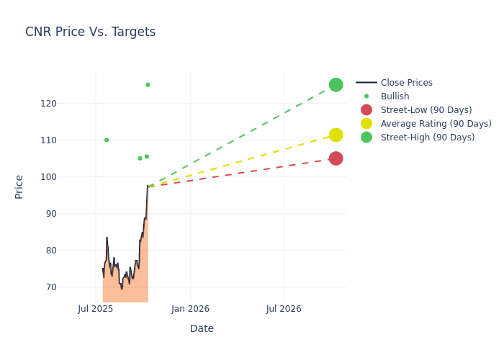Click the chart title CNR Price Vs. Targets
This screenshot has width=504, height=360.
click(x=90, y=32)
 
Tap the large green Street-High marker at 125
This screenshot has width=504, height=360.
click(x=336, y=85)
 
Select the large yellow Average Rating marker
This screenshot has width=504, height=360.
click(x=336, y=135)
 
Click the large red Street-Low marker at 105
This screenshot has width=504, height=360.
click(x=336, y=158)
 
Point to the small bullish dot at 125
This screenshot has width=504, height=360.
click(x=148, y=85)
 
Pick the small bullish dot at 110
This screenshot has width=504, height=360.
click(x=107, y=140)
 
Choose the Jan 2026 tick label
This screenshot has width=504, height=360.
click(x=190, y=309)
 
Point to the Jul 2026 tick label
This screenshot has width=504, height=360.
click(x=284, y=309)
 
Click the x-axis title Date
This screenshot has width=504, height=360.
click(x=202, y=328)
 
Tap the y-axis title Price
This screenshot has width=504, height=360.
click(x=19, y=186)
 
